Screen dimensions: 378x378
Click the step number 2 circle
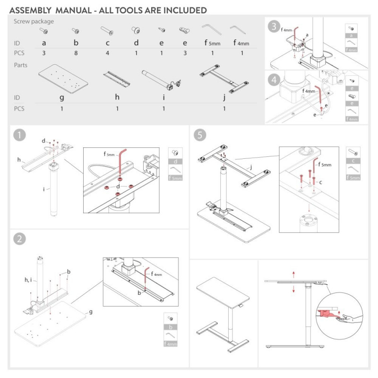coord(19,239)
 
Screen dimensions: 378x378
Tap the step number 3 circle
coord(273,26)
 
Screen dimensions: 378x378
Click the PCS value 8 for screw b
coord(75,53)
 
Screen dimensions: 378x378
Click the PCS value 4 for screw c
coord(107,53)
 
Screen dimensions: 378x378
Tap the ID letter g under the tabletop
coord(62,98)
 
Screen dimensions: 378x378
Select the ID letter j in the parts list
coord(224,98)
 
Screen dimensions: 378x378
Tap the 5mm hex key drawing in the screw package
coord(212,29)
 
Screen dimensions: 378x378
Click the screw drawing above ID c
coord(107,31)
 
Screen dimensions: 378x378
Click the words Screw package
coord(34,21)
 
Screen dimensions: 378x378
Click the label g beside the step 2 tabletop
coord(91,312)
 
